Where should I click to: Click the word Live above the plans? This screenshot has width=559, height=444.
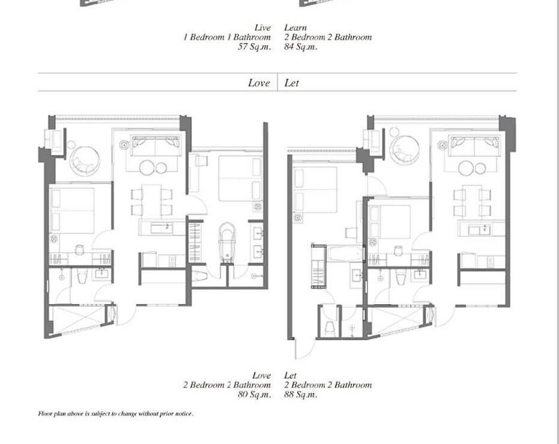click(262, 28)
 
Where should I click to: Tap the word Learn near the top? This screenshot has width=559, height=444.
click(295, 28)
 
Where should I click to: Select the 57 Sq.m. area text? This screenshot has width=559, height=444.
click(254, 47)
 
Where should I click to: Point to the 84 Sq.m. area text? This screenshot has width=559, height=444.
click(301, 47)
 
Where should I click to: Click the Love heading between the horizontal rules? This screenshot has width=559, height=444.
click(259, 83)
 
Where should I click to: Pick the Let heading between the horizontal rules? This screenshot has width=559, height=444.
click(291, 83)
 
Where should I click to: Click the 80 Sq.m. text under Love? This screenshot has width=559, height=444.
click(254, 394)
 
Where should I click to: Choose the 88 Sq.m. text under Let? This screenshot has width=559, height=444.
click(301, 394)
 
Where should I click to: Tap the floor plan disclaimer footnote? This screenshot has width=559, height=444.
click(115, 414)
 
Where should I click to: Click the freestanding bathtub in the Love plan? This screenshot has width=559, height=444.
click(227, 242)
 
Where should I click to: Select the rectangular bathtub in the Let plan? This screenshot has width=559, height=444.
click(345, 254)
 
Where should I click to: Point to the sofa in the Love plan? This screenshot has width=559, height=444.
click(156, 146)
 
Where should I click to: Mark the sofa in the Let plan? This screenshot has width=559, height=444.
click(474, 146)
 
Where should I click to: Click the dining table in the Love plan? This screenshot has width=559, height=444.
click(151, 200)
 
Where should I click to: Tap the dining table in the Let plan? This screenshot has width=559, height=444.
click(472, 200)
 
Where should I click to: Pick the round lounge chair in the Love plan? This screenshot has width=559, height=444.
click(85, 161)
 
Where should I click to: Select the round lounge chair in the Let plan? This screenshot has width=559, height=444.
click(405, 151)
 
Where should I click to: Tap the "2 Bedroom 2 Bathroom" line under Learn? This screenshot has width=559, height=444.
click(328, 37)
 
